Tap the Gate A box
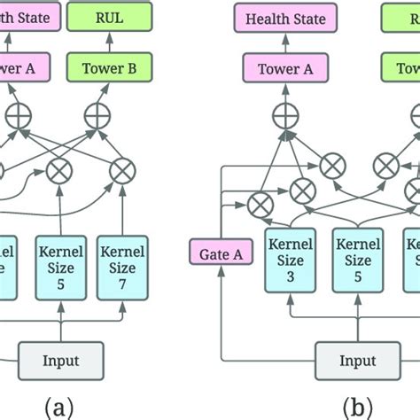(219, 255)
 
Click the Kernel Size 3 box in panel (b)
(290, 261)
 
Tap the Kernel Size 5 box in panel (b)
(357, 261)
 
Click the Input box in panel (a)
(61, 360)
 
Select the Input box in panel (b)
(357, 360)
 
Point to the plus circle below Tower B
(96, 113)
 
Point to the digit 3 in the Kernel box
(290, 276)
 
